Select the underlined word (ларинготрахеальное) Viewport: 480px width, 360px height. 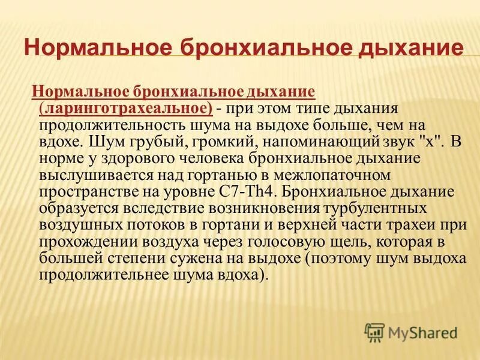(125, 107)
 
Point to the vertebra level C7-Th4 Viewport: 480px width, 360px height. (250, 193)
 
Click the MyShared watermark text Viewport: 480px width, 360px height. (422, 332)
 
